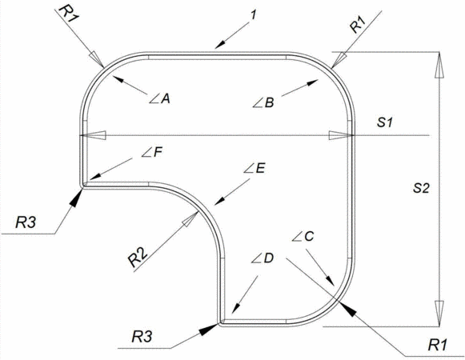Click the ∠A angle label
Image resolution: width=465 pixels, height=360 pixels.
pyautogui.click(x=159, y=98)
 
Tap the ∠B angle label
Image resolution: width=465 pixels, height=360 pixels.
pyautogui.click(x=263, y=103)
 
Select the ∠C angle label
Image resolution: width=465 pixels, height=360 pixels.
pyautogui.click(x=303, y=236)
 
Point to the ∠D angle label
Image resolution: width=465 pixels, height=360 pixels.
pyautogui.click(x=263, y=258)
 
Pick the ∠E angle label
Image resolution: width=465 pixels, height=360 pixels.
pyautogui.click(x=255, y=169)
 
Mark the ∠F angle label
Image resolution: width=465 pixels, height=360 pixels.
pyautogui.click(x=152, y=153)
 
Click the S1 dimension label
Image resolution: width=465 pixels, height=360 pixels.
pyautogui.click(x=385, y=122)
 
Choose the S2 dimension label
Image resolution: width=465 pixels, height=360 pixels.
pyautogui.click(x=421, y=188)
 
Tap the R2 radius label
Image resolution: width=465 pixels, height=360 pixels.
pyautogui.click(x=138, y=257)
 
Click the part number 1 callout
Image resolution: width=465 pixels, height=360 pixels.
pyautogui.click(x=253, y=15)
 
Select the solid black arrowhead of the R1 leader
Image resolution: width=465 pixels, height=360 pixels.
pyautogui.click(x=347, y=310)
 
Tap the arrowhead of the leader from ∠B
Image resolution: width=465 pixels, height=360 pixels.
pyautogui.click(x=312, y=82)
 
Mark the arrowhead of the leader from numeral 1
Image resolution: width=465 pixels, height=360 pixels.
pyautogui.click(x=221, y=45)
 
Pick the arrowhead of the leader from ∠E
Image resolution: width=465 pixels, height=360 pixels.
pyautogui.click(x=219, y=201)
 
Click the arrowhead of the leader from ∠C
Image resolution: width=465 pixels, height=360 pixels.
pyautogui.click(x=330, y=281)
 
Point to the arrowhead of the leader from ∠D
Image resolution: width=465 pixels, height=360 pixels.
pyautogui.click(x=235, y=307)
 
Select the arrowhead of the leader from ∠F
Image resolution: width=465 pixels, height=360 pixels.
pyautogui.click(x=95, y=177)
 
